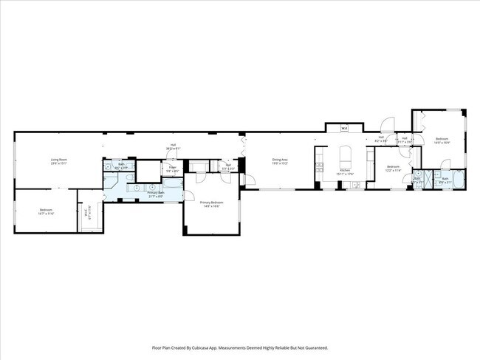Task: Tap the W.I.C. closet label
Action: [x=89, y=213]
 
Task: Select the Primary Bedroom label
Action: [x=211, y=203]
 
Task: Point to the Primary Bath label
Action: [x=156, y=194]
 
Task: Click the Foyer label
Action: [x=171, y=168]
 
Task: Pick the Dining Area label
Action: [x=279, y=160]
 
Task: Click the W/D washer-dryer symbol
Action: [x=344, y=129]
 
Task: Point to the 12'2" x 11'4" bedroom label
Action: [x=393, y=167]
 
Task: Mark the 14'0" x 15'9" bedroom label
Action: [x=442, y=140]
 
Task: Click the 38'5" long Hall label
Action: [x=173, y=146]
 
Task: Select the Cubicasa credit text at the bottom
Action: [x=240, y=347]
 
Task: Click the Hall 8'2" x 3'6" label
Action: [x=382, y=138]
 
